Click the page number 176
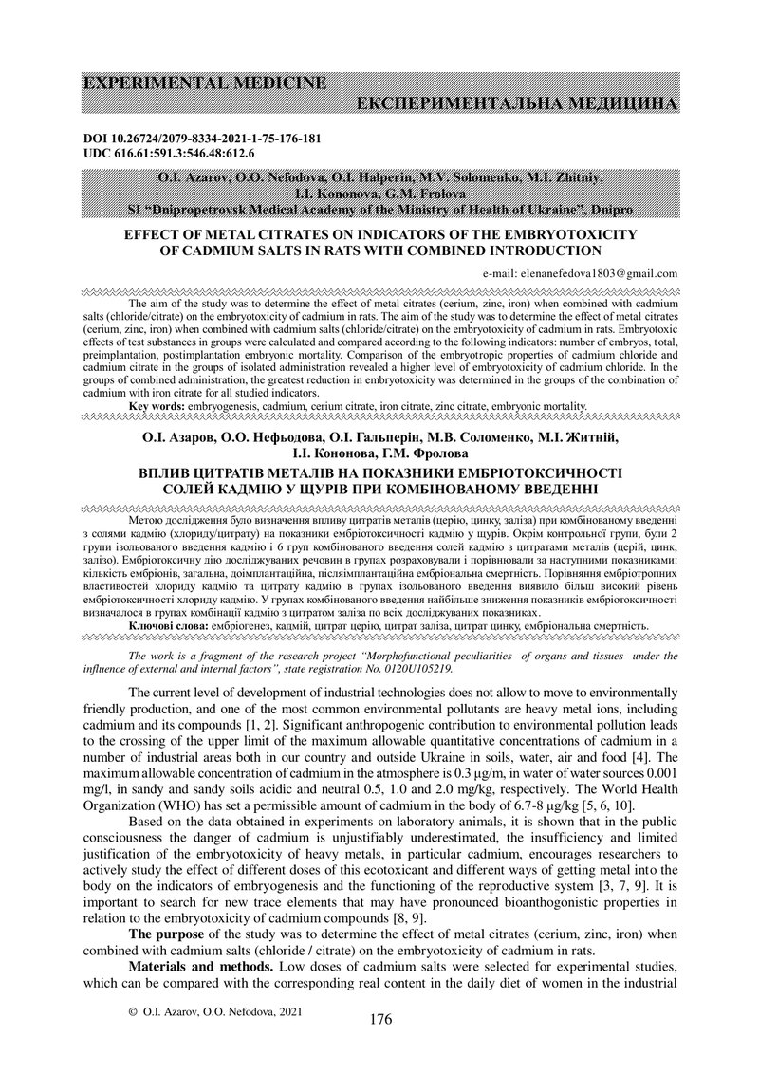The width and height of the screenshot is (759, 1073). pos(379,1019)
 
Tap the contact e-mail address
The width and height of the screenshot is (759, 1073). pos(580,272)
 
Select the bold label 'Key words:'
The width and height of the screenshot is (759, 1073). pos(158,405)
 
